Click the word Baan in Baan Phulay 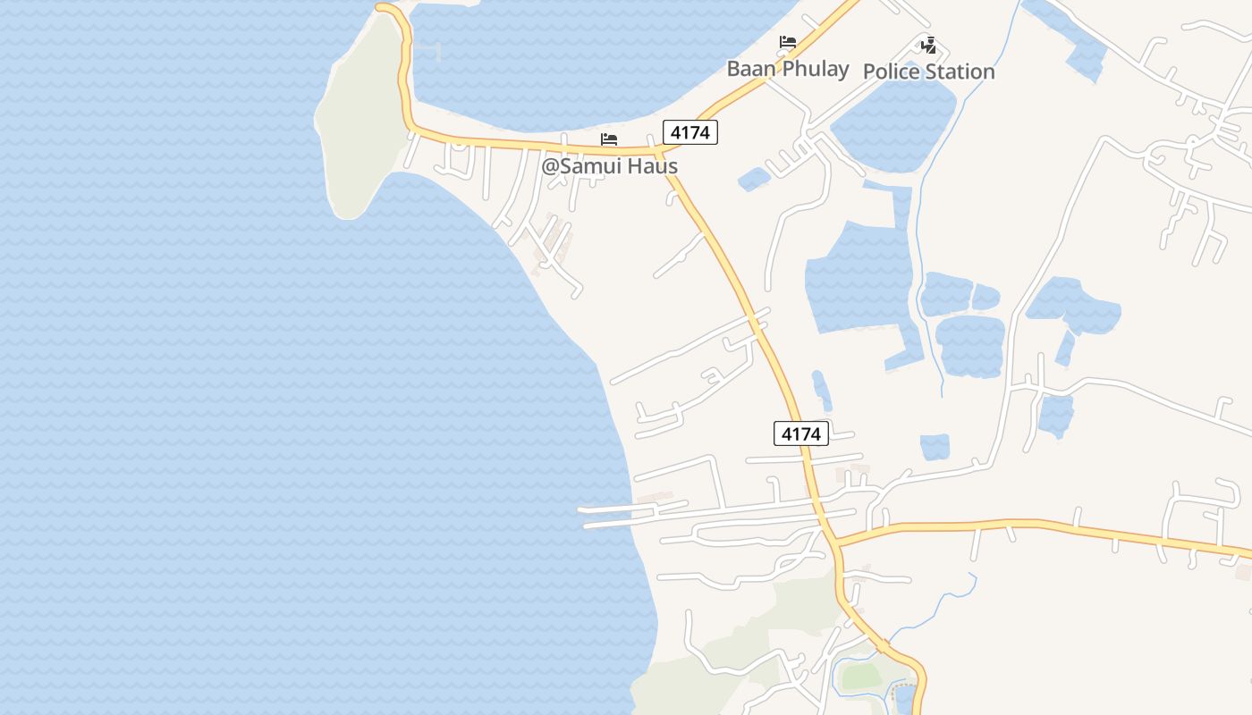pos(749,69)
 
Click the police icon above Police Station pos(929,45)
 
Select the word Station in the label pos(959,71)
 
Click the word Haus pos(652,166)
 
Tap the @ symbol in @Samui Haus pos(549,166)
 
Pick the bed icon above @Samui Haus pos(609,139)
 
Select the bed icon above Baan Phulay pos(787,42)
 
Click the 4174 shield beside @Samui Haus pos(690,132)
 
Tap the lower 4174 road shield pos(800,433)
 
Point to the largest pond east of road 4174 pos(859,277)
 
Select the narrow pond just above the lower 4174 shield pos(821,390)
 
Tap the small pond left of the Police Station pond pos(754,180)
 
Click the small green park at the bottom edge pos(860,677)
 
